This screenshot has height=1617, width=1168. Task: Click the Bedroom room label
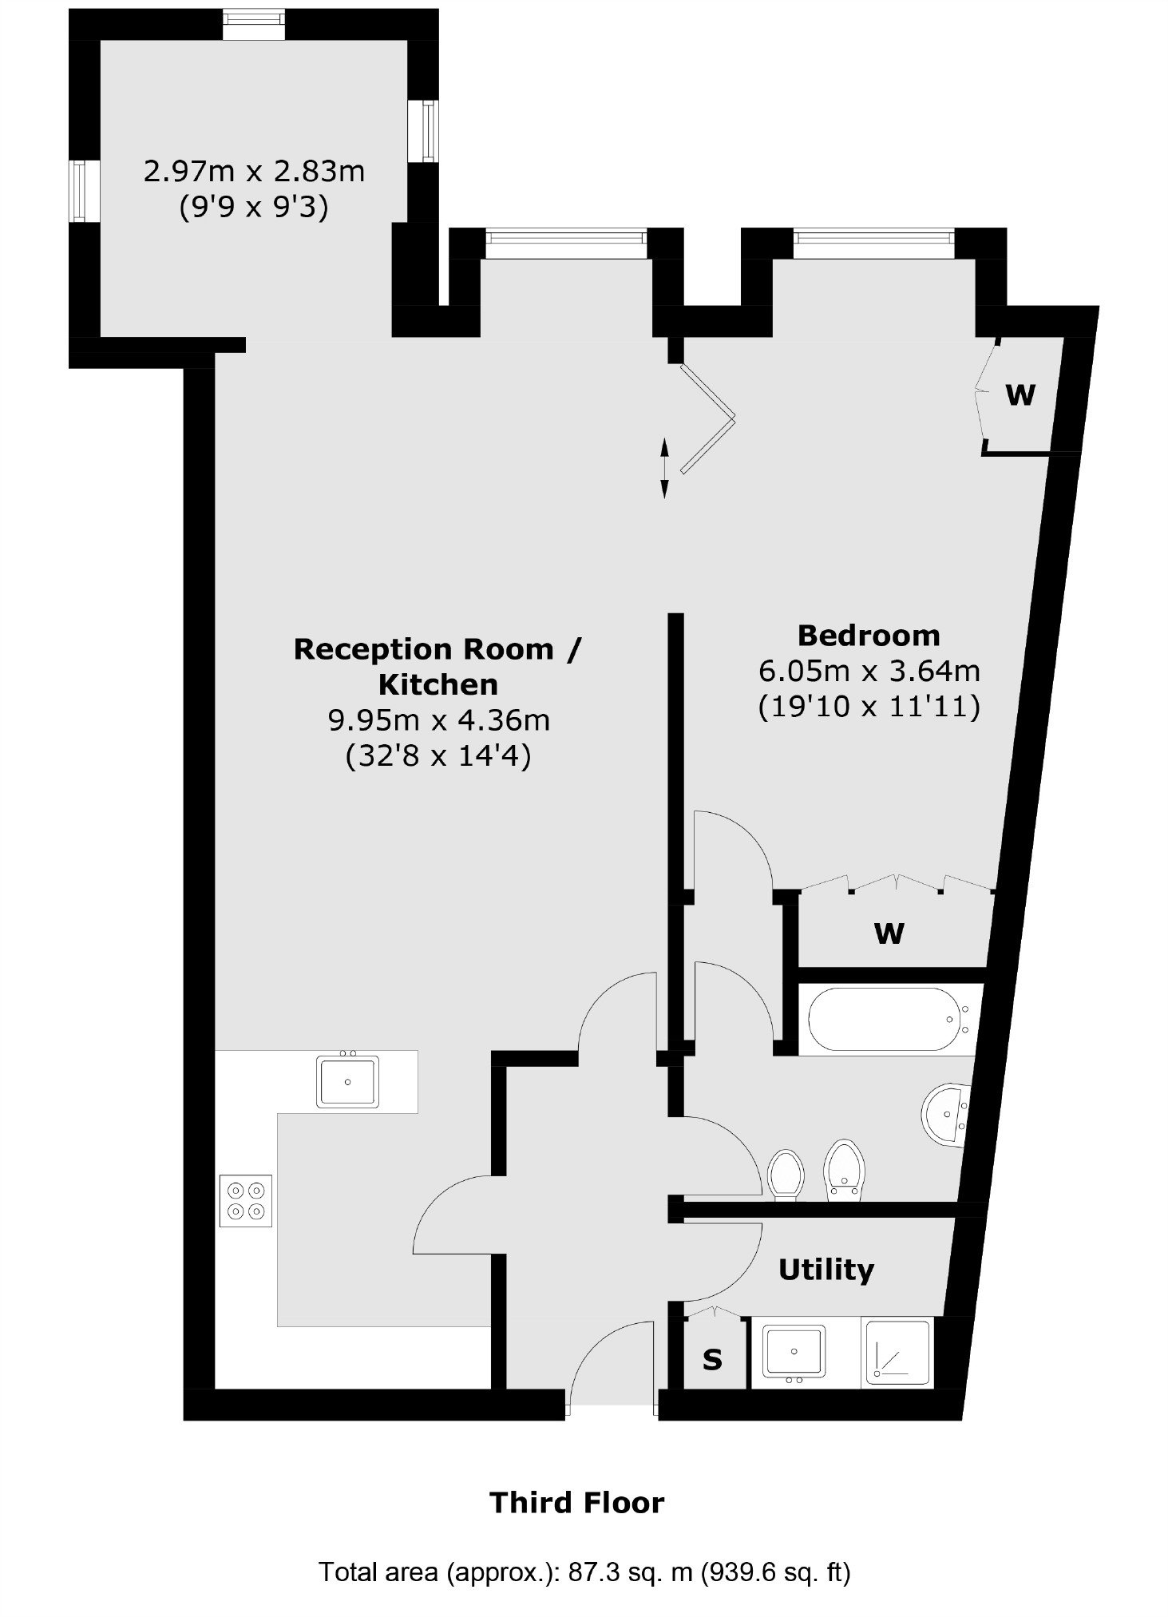(x=869, y=636)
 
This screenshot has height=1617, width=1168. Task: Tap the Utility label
(x=826, y=1270)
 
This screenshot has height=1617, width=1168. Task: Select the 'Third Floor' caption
(x=577, y=1503)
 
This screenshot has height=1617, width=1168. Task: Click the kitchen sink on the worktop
(x=347, y=1081)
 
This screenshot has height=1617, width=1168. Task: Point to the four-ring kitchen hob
(x=246, y=1201)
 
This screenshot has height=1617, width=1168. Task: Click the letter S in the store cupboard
(x=712, y=1359)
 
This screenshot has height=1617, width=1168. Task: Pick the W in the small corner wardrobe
(x=1020, y=394)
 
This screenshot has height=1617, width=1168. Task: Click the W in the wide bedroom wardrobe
(x=889, y=933)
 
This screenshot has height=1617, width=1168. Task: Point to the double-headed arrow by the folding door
(x=664, y=468)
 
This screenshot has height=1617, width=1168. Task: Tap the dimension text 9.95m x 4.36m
(x=439, y=720)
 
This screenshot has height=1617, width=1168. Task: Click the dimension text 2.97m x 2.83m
(x=254, y=171)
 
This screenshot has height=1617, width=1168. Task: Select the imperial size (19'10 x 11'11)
(x=869, y=707)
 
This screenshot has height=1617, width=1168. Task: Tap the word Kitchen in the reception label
(x=438, y=684)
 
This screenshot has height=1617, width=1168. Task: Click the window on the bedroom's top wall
(x=874, y=244)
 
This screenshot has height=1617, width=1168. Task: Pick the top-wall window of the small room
(x=252, y=24)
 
